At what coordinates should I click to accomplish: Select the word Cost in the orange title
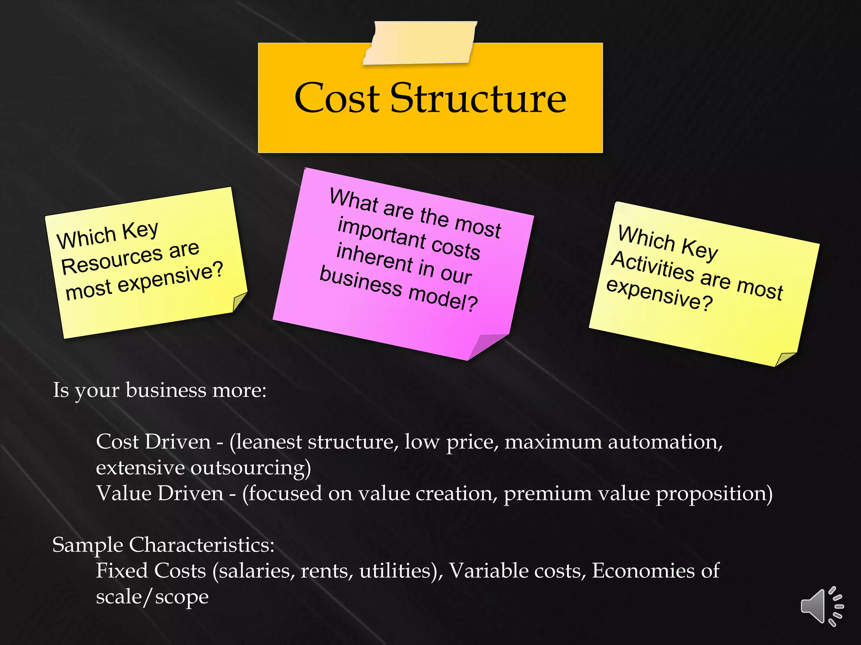coord(337,99)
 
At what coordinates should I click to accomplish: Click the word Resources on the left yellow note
coord(112,260)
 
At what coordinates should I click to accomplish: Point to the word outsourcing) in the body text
coord(251,468)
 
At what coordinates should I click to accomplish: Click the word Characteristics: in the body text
coord(201,545)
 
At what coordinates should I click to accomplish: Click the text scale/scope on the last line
coord(152,597)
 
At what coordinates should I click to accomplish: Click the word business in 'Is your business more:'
coord(166,391)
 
